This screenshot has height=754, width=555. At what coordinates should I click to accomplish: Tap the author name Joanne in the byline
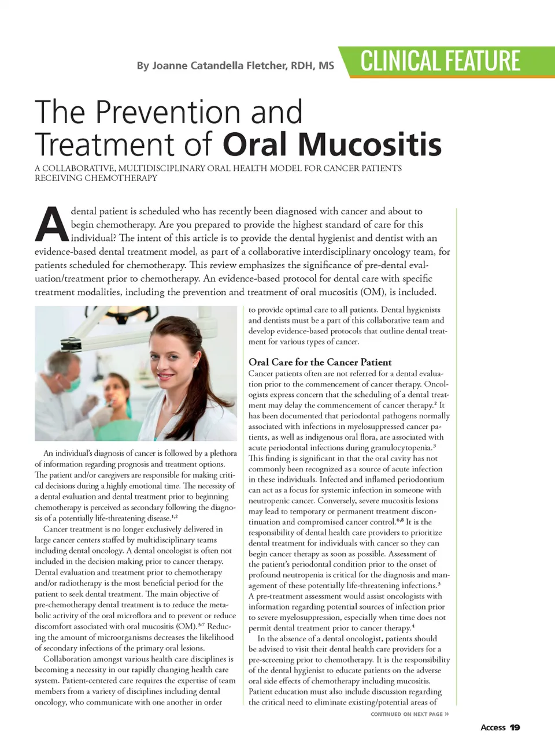tap(169, 66)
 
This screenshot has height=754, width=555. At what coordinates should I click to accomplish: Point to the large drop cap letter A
tap(51, 225)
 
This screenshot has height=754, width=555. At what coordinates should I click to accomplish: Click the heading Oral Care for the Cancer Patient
tap(320, 362)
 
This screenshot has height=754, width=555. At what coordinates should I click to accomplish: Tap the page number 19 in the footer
tap(515, 727)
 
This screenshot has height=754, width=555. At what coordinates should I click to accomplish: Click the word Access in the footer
tap(493, 727)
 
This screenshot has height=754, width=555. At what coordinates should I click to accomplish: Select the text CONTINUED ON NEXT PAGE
tap(406, 715)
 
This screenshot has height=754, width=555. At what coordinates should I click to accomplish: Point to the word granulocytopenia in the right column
tap(398, 448)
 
